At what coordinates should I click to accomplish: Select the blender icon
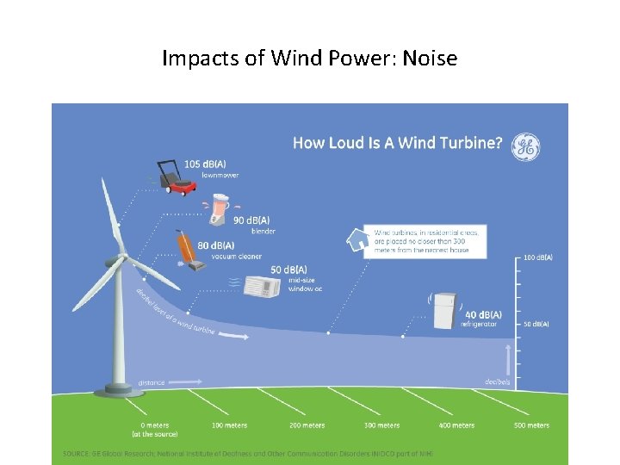coord(222,208)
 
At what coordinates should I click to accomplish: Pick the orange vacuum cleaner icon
coord(188,249)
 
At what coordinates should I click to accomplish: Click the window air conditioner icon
coord(261,287)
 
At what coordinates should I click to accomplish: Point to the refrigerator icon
coord(444,310)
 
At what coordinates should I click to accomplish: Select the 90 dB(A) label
coord(251,220)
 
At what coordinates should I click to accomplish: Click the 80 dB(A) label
coord(215,246)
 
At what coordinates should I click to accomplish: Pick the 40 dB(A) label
coord(481,314)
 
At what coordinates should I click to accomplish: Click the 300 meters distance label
coord(381,425)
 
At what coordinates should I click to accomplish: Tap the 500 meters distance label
coord(531,425)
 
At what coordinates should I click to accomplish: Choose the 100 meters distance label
coord(229,425)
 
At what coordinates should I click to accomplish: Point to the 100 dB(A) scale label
coord(537,257)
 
